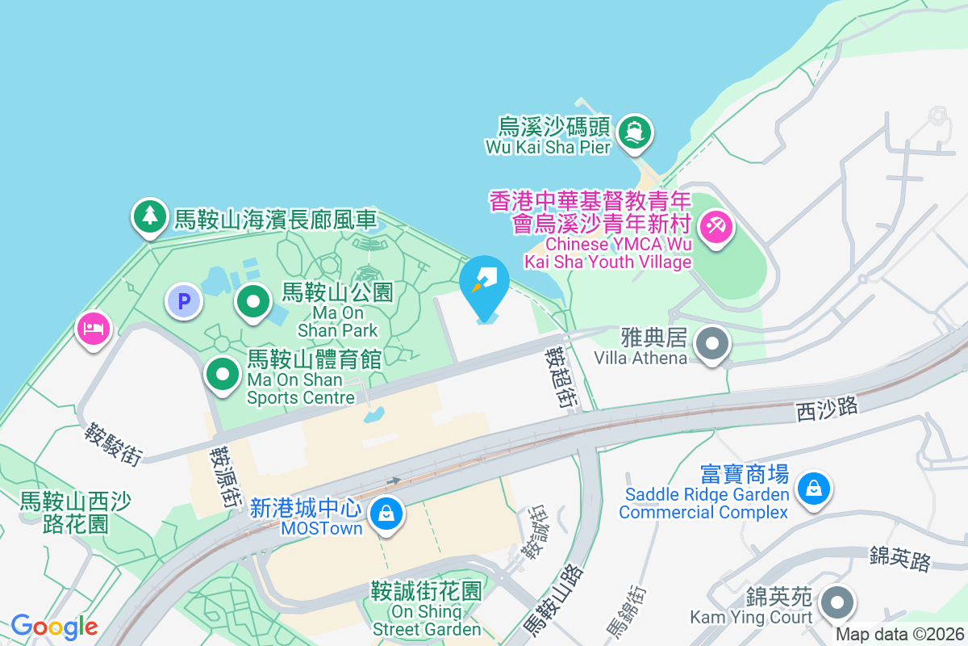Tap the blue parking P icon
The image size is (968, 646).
click(x=184, y=302)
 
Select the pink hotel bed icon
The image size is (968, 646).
click(x=94, y=329)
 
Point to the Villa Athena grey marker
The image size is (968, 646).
click(x=711, y=343)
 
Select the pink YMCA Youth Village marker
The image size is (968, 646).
click(x=715, y=226)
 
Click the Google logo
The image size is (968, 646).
click(x=54, y=626)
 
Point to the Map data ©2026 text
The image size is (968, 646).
click(x=899, y=635)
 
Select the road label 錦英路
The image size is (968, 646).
click(x=899, y=558)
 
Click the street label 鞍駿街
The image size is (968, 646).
click(x=114, y=444)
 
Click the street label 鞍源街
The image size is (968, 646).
click(x=226, y=477)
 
